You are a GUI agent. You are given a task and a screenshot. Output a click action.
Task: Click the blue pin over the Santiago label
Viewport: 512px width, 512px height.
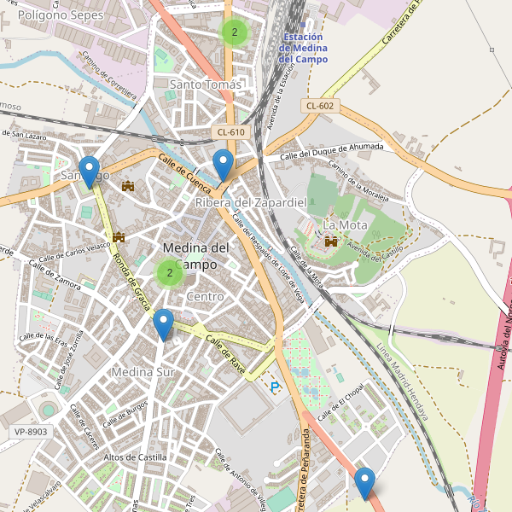(x=88, y=170)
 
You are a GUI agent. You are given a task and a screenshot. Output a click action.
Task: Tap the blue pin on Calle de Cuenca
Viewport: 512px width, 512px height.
(x=224, y=163)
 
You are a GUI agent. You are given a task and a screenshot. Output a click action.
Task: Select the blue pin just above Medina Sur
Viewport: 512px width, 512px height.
(x=163, y=323)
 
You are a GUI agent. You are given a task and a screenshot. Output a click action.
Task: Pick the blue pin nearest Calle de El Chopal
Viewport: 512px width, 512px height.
(x=365, y=481)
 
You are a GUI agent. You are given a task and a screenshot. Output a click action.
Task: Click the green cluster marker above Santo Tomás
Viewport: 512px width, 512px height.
(x=234, y=32)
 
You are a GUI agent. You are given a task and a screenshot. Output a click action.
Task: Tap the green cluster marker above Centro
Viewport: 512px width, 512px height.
(x=170, y=273)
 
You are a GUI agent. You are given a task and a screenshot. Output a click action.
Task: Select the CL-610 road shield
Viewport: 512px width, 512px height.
(x=230, y=132)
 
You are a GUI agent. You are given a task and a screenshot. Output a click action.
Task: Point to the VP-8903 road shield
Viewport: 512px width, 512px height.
(x=32, y=432)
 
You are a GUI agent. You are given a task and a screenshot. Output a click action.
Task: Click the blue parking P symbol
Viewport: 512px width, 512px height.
(x=275, y=387)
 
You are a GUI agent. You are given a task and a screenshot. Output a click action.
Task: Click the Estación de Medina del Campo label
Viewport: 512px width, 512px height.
(x=309, y=49)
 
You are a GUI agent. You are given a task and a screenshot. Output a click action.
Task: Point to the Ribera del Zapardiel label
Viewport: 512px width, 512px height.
(x=250, y=202)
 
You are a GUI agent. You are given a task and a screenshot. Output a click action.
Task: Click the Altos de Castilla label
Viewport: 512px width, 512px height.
(x=134, y=458)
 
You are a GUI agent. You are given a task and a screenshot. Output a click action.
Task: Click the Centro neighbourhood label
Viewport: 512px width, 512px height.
(x=205, y=296)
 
